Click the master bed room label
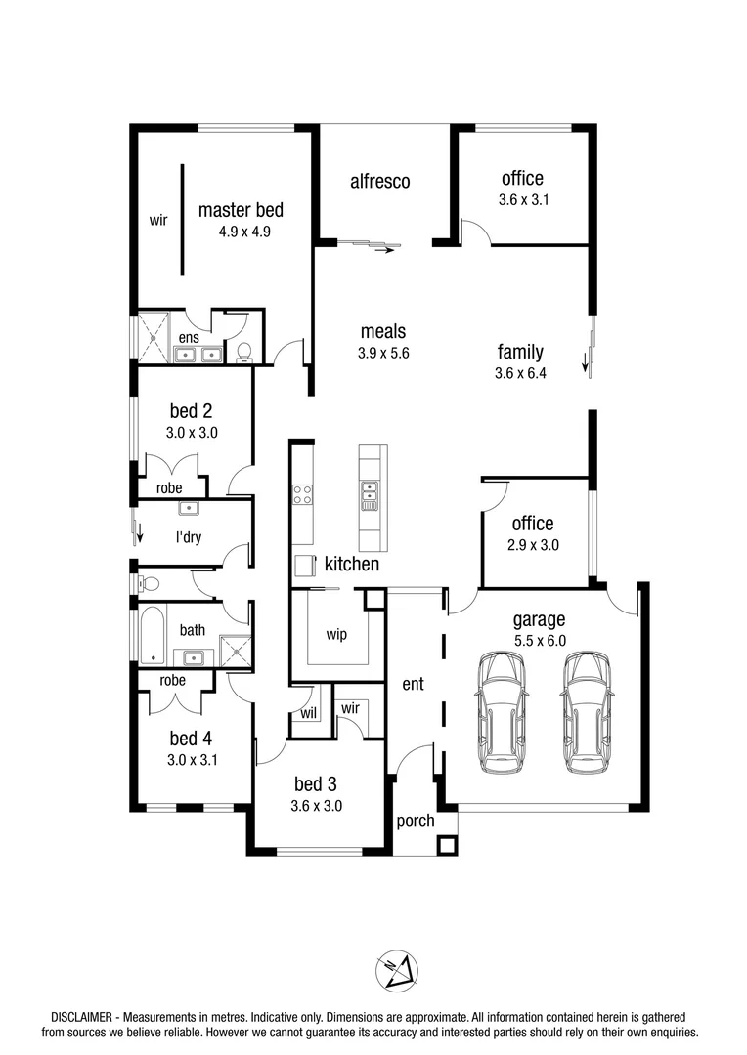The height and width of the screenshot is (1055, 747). coord(241,209)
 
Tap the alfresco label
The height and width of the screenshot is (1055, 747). coord(379,181)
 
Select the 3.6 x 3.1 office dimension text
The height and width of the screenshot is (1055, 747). coord(521,200)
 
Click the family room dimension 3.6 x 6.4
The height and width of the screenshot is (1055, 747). coord(520,373)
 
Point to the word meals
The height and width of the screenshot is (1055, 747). coord(382,332)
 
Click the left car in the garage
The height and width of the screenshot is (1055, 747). coord(501,711)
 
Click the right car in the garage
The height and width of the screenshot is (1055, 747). coord(587,711)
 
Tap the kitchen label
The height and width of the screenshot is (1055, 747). coord(352,564)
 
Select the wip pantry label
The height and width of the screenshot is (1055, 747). coord(336,633)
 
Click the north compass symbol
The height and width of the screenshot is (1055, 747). coord(397,971)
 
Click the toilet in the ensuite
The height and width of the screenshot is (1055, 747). coord(244,350)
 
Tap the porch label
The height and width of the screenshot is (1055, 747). coord(416,821)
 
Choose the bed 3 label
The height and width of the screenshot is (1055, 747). coord(316,783)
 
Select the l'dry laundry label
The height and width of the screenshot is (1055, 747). coord(189,537)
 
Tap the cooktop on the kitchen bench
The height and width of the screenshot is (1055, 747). coord(302,494)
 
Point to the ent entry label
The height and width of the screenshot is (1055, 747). coord(413,684)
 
